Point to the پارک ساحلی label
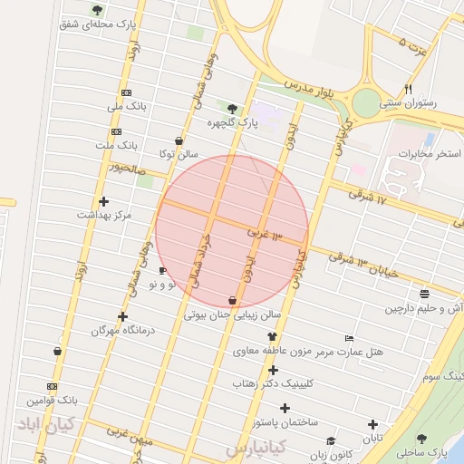426,450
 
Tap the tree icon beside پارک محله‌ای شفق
97,10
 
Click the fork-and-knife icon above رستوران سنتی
408,89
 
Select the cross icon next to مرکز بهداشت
103,201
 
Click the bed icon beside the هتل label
350,339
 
